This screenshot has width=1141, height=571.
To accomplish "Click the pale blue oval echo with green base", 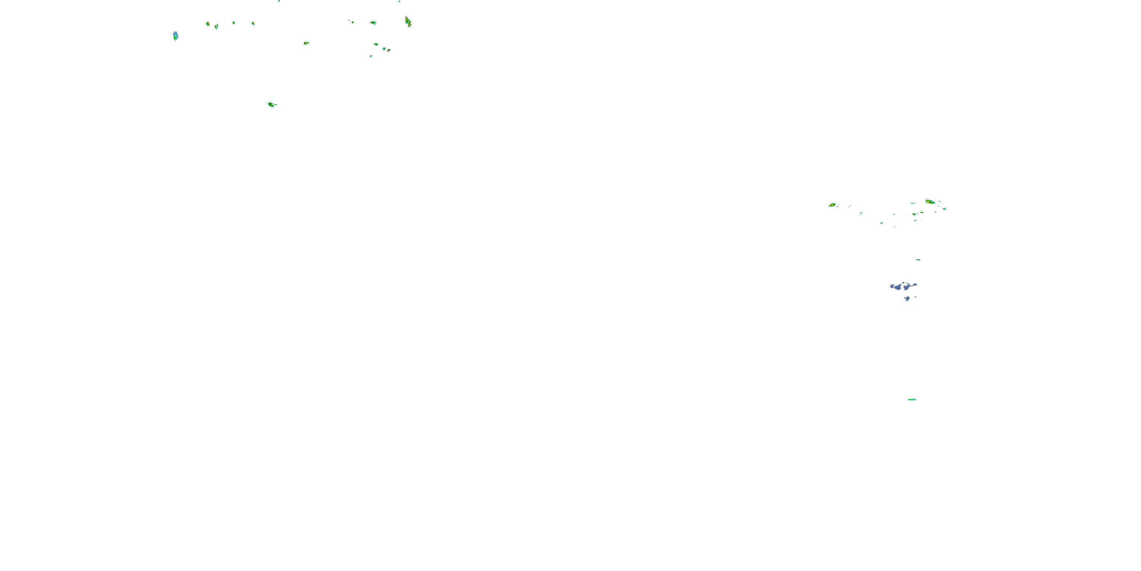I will click(175, 36).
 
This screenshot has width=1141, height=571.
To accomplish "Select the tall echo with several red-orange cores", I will click(408, 21).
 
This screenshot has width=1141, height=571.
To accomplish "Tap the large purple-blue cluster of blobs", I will click(902, 286).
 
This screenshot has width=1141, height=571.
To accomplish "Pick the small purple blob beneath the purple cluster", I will click(907, 299).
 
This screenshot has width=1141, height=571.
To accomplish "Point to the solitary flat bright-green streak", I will click(912, 399).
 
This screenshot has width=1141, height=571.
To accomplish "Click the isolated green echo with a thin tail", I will click(272, 105).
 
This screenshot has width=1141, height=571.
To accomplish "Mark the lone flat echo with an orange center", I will click(306, 43).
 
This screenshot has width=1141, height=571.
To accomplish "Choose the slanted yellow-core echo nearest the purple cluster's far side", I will click(832, 205).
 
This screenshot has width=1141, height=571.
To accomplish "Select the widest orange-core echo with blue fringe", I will click(930, 202).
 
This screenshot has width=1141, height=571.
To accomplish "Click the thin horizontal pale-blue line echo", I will click(913, 203).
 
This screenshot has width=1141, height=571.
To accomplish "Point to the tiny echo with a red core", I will click(388, 50).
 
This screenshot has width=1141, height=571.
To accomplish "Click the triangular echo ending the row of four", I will click(253, 23).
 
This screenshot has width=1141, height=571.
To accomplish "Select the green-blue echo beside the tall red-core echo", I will click(373, 22).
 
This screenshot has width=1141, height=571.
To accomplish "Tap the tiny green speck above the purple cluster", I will click(918, 259).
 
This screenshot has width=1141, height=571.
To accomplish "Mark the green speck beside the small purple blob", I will click(915, 297).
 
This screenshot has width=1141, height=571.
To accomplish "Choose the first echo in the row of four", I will click(207, 24).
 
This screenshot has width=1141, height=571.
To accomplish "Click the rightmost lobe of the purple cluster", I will click(915, 285).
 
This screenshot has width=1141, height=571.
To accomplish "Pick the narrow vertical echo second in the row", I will click(216, 27).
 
